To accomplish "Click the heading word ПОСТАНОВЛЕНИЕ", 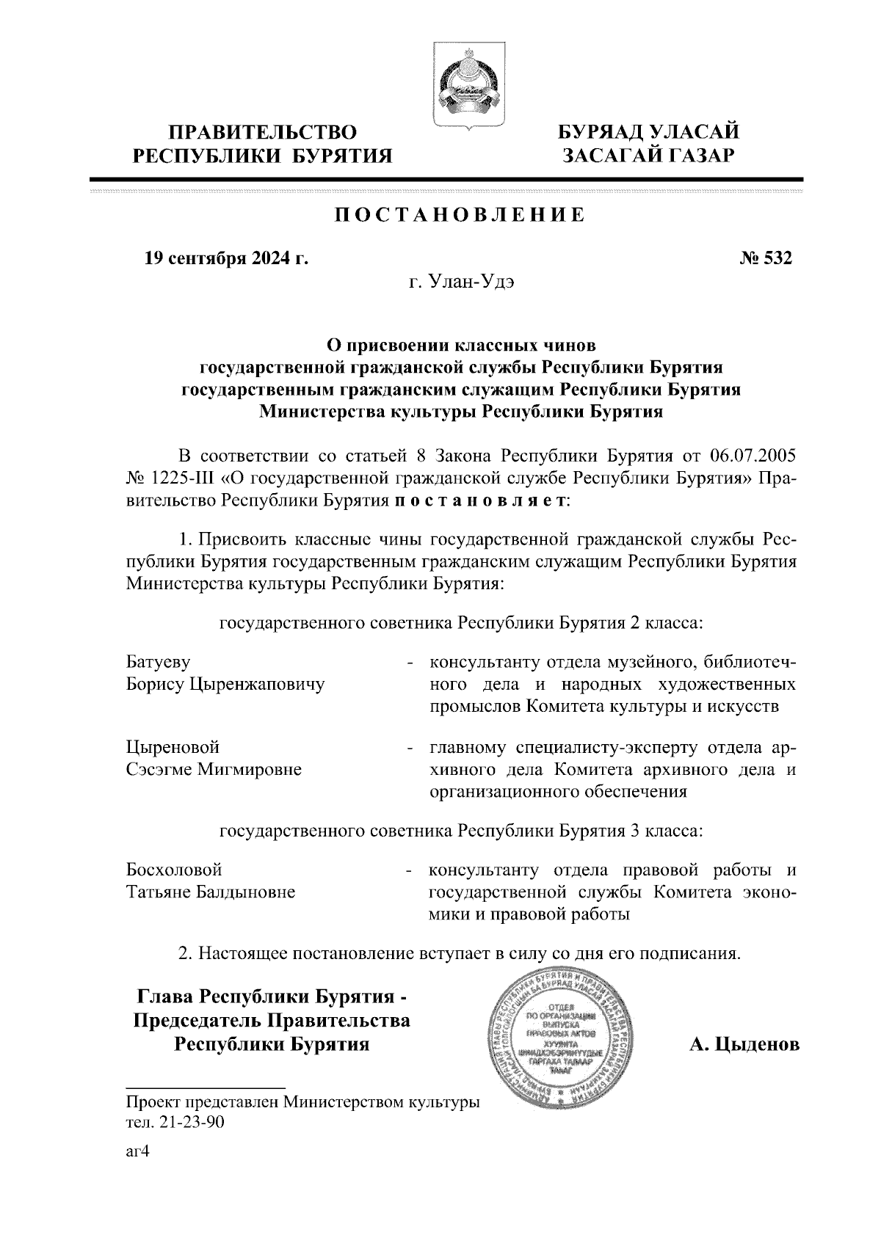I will (x=460, y=215).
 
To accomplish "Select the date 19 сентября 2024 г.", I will (x=225, y=258).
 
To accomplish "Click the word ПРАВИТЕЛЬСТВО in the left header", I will (x=262, y=132).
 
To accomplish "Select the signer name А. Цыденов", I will (x=744, y=1043).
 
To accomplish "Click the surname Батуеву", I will (x=159, y=663).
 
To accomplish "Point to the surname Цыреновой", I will (x=173, y=748).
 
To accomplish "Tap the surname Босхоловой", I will (x=175, y=870).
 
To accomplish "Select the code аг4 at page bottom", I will (x=137, y=1152).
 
